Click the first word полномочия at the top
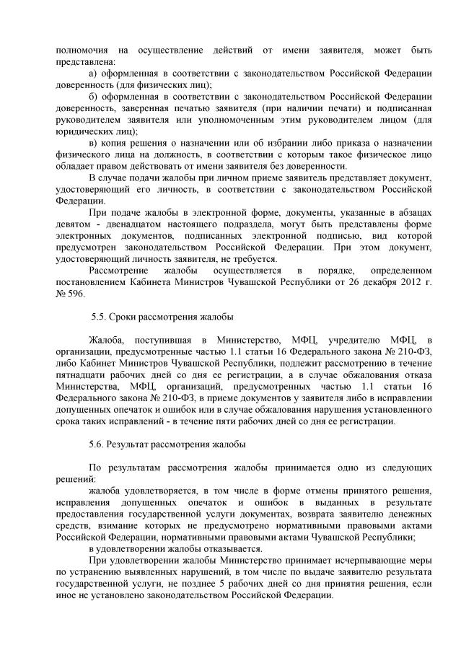tap(80, 51)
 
